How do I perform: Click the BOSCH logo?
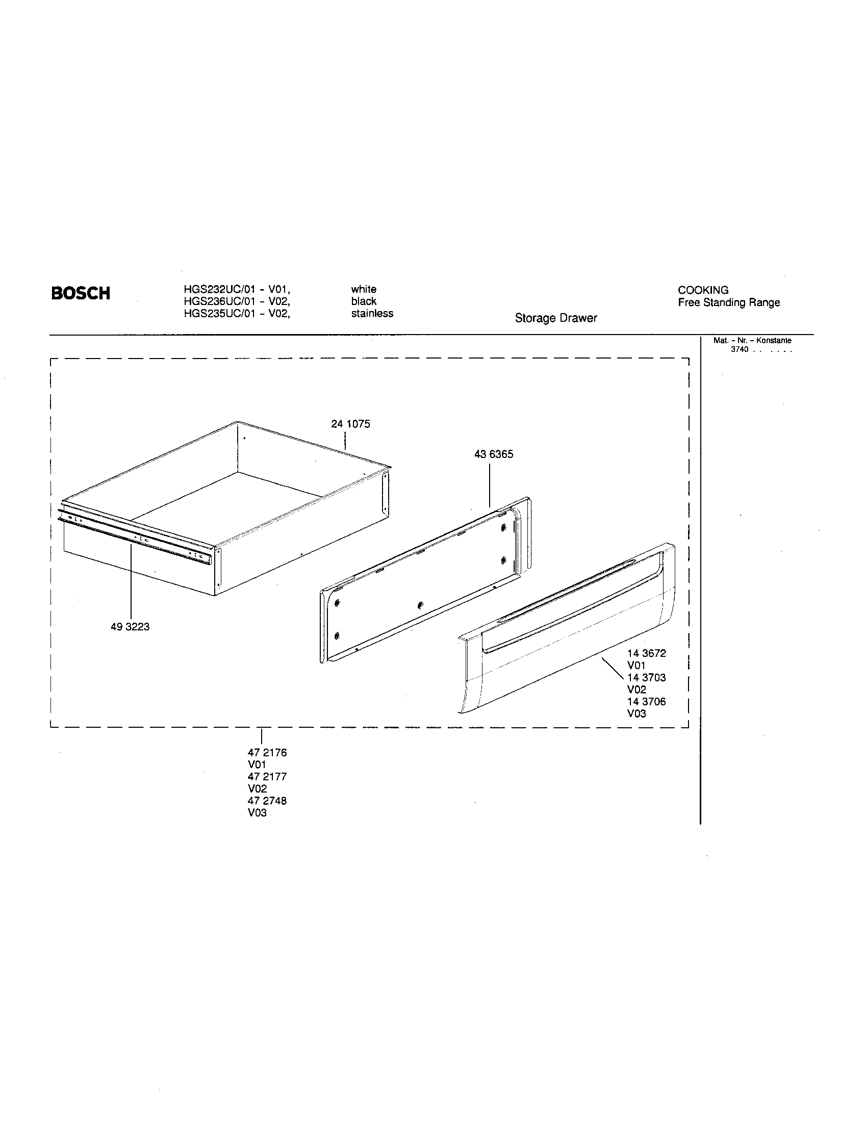(x=81, y=293)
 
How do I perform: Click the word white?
(x=364, y=289)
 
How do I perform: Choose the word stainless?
(x=372, y=313)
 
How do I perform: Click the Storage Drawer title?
(x=556, y=318)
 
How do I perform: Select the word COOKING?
(x=703, y=290)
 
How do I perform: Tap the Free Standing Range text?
(x=729, y=302)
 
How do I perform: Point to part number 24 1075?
(x=350, y=424)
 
